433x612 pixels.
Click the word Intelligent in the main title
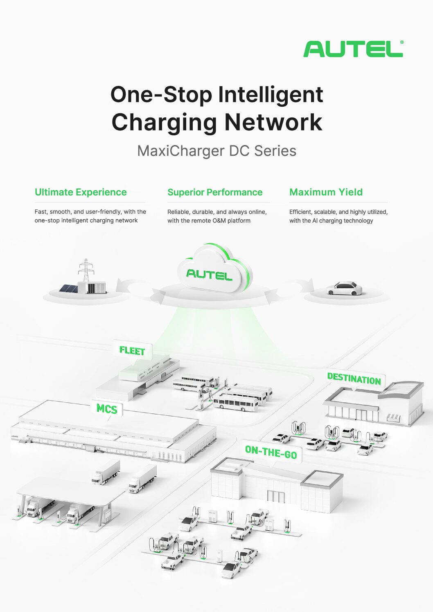271,95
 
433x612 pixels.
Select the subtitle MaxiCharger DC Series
216,151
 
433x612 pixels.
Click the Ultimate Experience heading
81,192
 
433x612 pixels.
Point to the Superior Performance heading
215,192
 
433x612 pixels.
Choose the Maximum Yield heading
326,192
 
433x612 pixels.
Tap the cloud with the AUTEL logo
213,270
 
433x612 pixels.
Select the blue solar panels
68,289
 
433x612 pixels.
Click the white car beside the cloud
345,289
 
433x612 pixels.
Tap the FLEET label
132,351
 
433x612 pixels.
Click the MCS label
107,408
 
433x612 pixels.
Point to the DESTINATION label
354,379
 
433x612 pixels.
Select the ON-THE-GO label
271,452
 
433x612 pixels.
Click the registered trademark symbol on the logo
401,42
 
